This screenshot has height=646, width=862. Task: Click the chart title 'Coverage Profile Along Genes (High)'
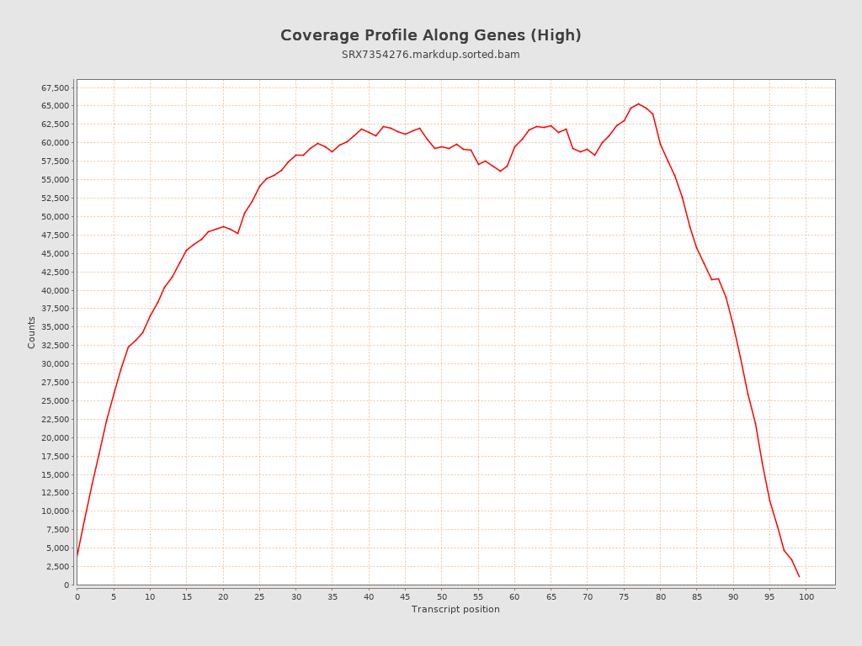(430, 35)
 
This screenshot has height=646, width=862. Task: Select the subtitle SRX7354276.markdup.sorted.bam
(430, 55)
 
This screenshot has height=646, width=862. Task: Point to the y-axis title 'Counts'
(32, 332)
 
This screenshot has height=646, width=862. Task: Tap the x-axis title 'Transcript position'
(455, 609)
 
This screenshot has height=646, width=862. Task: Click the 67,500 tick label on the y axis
(55, 87)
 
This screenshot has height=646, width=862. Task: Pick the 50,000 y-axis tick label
(55, 216)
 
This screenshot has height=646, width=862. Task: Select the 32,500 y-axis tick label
(55, 346)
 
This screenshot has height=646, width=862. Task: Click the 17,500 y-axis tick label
(55, 456)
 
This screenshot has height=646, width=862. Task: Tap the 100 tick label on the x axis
(806, 596)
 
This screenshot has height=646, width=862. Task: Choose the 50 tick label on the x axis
(442, 596)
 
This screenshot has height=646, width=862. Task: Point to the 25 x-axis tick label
(259, 596)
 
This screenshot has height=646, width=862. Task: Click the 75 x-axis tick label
(624, 596)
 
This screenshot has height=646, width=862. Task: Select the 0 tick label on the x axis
(77, 596)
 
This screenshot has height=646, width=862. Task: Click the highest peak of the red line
(638, 103)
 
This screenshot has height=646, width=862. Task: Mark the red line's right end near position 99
(799, 576)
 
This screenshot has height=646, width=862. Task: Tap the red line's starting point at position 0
(77, 555)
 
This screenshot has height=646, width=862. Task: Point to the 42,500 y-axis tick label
(55, 272)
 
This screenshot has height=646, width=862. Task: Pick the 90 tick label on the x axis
(733, 596)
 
